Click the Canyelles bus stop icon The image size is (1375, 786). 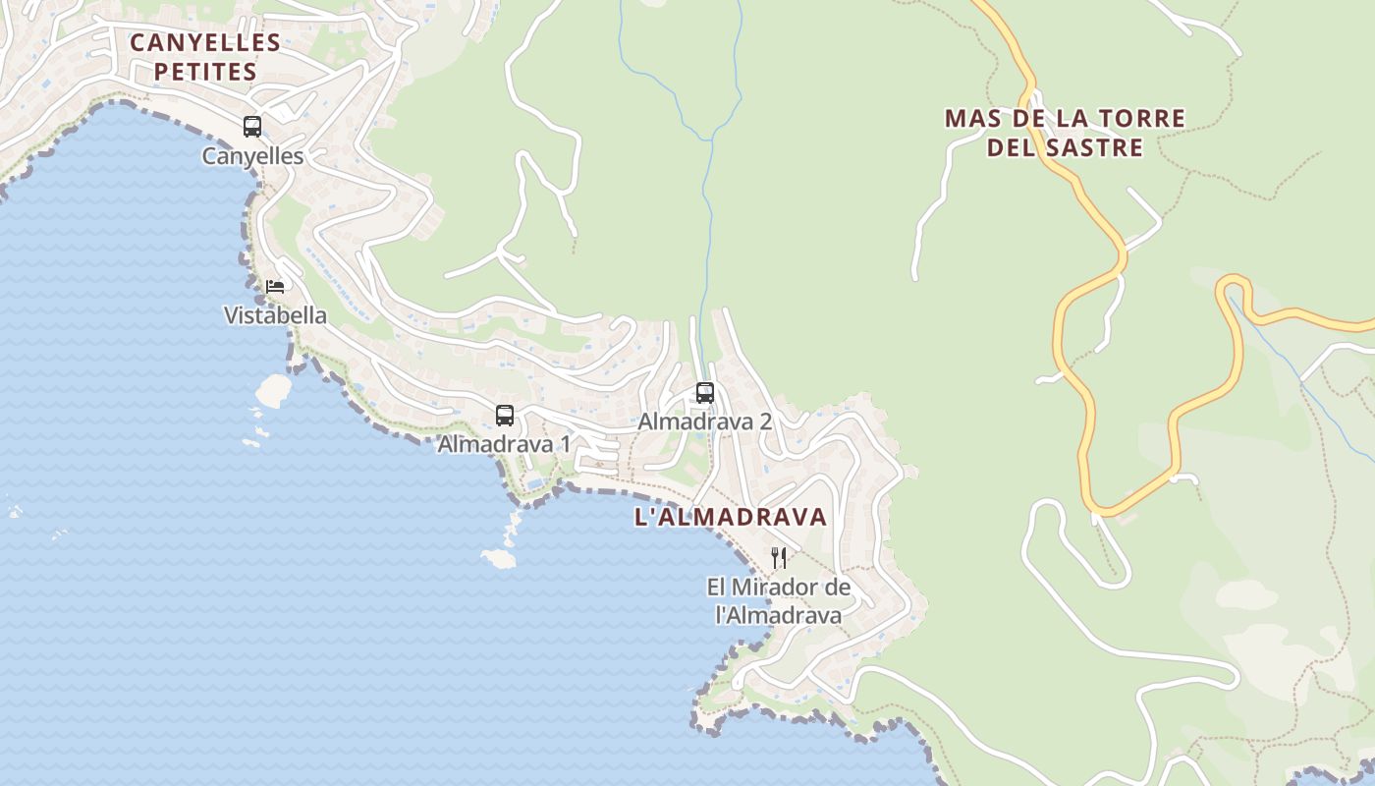[252, 127]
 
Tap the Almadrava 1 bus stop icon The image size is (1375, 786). [505, 415]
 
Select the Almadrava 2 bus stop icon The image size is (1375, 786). [705, 393]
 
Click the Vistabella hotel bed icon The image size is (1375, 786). [275, 287]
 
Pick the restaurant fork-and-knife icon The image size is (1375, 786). [779, 558]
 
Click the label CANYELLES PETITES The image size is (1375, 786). [205, 57]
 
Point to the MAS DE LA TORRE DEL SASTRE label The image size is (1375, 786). [1065, 133]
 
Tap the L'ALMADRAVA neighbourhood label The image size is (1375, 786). [731, 517]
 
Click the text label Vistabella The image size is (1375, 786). [275, 315]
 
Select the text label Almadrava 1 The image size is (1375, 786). [504, 444]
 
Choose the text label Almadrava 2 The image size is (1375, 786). [705, 421]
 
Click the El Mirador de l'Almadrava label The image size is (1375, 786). [779, 601]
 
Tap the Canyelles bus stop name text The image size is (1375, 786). [252, 155]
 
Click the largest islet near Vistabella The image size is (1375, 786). [273, 390]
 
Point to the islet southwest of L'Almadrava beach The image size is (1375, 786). [499, 558]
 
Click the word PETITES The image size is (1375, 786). [205, 72]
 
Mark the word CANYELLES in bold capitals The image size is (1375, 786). [205, 42]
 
